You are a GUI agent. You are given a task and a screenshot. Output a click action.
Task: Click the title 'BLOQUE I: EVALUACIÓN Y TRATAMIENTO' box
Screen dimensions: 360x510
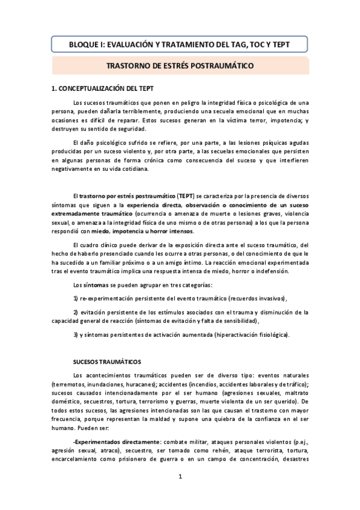point(180,44)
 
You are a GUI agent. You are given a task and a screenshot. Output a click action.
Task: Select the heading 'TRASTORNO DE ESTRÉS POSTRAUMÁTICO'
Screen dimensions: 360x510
point(180,66)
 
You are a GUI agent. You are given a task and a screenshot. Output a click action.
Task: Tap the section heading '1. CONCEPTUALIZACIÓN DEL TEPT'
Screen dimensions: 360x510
point(104,88)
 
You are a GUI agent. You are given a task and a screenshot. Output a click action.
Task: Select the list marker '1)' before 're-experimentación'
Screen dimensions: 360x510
point(75,299)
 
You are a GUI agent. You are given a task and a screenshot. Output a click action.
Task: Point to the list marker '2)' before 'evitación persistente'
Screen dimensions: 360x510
point(75,312)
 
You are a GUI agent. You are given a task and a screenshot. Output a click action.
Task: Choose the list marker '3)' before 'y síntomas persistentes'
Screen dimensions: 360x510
point(75,334)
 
